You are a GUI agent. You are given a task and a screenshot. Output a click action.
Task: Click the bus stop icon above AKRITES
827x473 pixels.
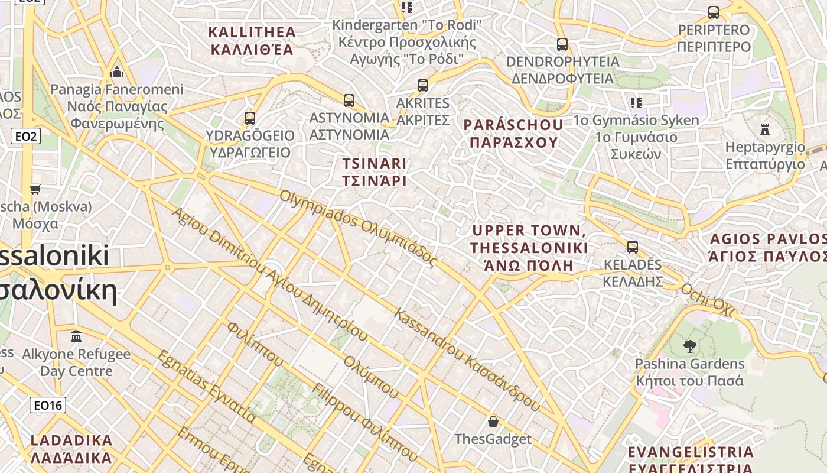pyautogui.click(x=422, y=85)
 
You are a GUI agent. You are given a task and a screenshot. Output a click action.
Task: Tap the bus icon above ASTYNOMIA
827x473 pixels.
pyautogui.click(x=349, y=101)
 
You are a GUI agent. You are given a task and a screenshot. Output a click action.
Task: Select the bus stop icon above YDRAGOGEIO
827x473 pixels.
pyautogui.click(x=250, y=118)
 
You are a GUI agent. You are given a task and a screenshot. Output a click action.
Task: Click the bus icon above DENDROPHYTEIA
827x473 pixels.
pyautogui.click(x=562, y=44)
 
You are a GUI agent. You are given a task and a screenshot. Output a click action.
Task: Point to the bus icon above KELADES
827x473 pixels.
pyautogui.click(x=632, y=247)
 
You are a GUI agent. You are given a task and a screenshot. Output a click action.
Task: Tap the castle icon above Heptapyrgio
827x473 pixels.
pyautogui.click(x=765, y=129)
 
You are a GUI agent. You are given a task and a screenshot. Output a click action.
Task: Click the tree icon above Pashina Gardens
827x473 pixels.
pyautogui.click(x=689, y=346)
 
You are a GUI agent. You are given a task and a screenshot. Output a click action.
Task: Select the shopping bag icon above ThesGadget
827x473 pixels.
pyautogui.click(x=493, y=422)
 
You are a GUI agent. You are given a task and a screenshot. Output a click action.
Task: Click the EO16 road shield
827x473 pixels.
pyautogui.click(x=48, y=405)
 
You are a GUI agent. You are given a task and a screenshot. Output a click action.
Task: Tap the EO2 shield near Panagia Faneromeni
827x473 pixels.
pyautogui.click(x=26, y=137)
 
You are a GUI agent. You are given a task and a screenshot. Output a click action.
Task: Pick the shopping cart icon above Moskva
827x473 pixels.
pyautogui.click(x=35, y=189)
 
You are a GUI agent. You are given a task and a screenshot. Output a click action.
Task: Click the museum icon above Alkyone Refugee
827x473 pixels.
pyautogui.click(x=76, y=336)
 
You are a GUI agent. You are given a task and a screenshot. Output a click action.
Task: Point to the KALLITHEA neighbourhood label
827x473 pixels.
pyautogui.click(x=252, y=40)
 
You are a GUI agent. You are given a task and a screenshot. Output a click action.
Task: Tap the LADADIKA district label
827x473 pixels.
pyautogui.click(x=71, y=449)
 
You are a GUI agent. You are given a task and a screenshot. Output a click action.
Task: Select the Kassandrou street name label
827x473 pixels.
pyautogui.click(x=467, y=360)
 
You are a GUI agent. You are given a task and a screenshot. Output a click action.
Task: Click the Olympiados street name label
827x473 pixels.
pyautogui.click(x=358, y=227)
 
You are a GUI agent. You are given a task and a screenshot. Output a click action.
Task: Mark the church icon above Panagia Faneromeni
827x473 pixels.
pyautogui.click(x=117, y=72)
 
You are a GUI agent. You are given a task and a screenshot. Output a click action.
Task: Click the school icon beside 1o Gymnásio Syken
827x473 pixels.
pyautogui.click(x=636, y=103)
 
